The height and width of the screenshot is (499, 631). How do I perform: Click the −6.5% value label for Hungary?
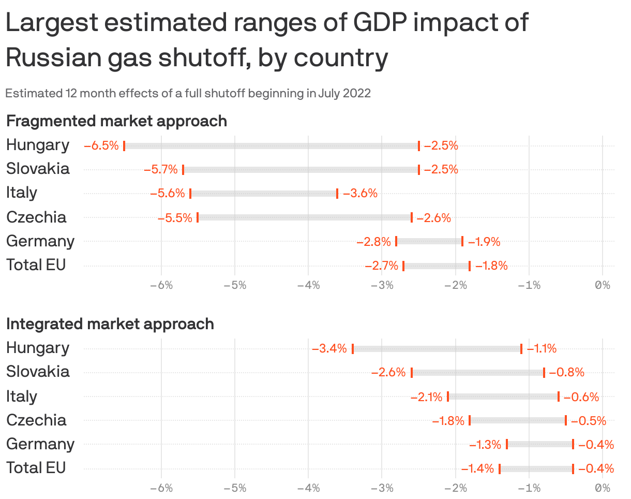click(x=101, y=145)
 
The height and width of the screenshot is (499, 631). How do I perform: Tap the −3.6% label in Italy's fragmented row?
click(x=360, y=194)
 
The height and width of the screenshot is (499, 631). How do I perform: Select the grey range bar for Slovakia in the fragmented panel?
click(x=301, y=170)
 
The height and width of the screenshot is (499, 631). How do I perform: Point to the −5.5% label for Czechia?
click(x=175, y=218)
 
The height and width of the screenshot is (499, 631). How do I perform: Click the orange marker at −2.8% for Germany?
click(x=396, y=241)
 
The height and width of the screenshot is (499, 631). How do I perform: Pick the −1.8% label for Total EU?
click(x=491, y=266)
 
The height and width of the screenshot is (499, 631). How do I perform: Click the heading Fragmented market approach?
click(x=116, y=121)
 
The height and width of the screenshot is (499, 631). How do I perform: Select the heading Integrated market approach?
click(x=110, y=324)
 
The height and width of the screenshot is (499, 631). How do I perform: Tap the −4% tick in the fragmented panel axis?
click(x=308, y=285)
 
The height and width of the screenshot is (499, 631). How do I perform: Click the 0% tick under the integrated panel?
click(x=603, y=488)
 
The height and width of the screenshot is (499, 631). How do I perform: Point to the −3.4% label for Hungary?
click(x=329, y=348)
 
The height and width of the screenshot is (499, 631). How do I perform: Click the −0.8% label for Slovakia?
click(x=566, y=372)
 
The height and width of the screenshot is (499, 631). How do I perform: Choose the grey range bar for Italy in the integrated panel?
click(x=503, y=397)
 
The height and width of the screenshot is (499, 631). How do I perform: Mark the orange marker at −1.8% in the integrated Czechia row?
click(x=470, y=420)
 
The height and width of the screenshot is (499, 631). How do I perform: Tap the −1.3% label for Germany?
click(x=485, y=445)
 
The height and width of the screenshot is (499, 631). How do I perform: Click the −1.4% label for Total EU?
click(x=477, y=469)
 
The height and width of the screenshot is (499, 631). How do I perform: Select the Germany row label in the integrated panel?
click(x=40, y=444)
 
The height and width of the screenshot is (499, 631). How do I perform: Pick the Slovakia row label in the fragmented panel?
click(x=38, y=169)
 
